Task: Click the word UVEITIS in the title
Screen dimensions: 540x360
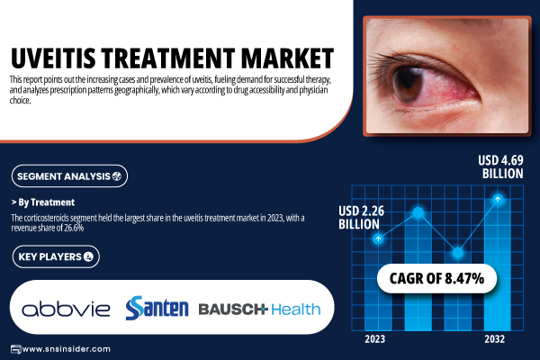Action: pos(53,58)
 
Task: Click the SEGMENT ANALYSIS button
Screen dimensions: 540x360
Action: pos(69,176)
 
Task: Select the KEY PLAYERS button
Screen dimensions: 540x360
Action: pos(56,256)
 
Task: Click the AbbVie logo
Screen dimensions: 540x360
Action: pos(66,309)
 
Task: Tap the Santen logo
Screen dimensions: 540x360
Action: pos(157,308)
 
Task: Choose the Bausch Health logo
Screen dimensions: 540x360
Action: pos(260,309)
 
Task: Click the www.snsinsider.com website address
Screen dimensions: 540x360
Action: pos(60,349)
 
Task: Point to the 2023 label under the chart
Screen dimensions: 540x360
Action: pos(375,339)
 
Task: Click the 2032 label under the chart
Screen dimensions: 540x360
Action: pos(494,339)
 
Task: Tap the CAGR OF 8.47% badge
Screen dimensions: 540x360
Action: pos(436,278)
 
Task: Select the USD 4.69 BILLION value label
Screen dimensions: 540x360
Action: pos(501,166)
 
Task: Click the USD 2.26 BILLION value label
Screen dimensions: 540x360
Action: pos(361,218)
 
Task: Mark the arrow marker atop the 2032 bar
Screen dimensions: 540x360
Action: pos(498,199)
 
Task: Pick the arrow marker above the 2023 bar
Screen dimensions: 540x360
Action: pos(378,238)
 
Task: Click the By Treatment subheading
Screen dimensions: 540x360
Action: pos(43,202)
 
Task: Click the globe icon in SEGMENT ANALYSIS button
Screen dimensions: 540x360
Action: pos(117,176)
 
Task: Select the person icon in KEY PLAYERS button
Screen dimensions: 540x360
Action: pos(88,256)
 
